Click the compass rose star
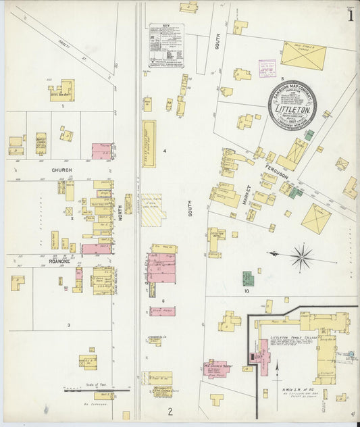click(302, 255)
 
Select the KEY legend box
click(167, 45)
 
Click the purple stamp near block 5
click(267, 68)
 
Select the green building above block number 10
click(248, 278)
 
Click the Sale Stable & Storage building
click(303, 54)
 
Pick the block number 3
click(68, 325)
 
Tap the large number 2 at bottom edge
click(171, 411)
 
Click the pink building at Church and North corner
click(102, 150)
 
